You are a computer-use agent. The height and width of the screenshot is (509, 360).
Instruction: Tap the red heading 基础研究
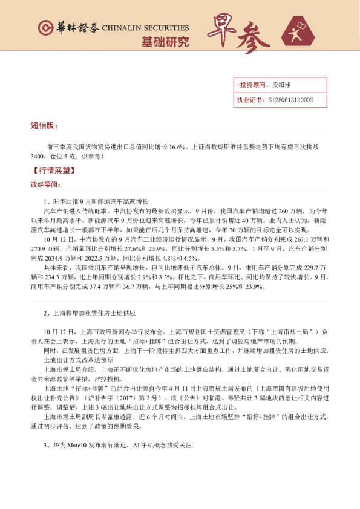click(165, 42)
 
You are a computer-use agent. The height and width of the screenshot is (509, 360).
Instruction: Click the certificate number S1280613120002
click(290, 100)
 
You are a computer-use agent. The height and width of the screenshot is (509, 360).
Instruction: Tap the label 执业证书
click(249, 100)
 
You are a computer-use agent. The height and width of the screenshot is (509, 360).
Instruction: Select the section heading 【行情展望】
click(51, 171)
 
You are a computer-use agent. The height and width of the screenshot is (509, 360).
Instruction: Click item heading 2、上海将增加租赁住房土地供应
click(90, 314)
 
